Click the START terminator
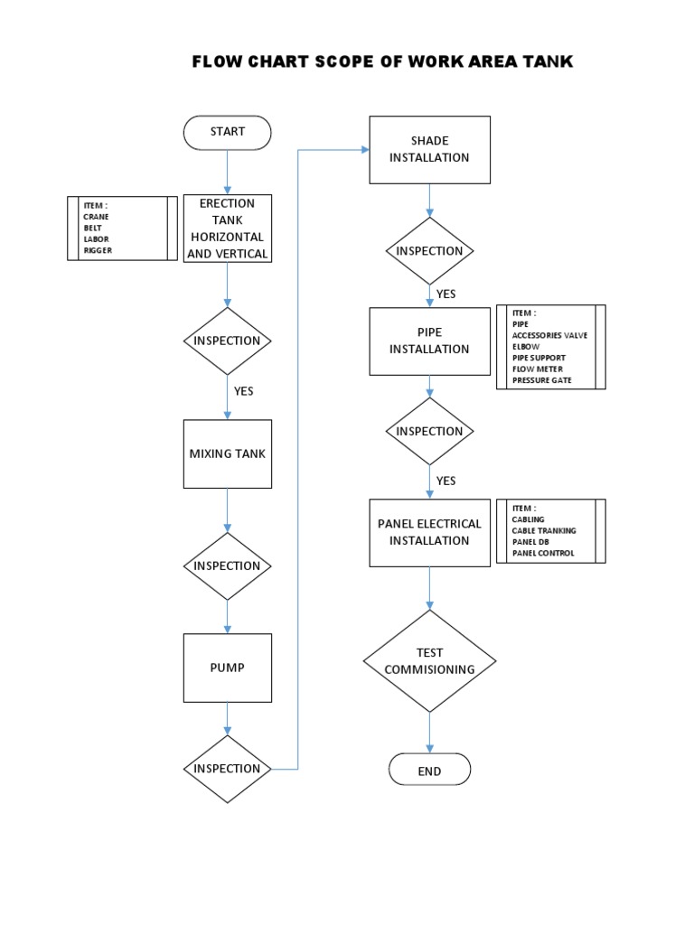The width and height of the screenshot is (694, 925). pyautogui.click(x=227, y=132)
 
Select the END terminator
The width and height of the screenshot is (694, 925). pyautogui.click(x=429, y=771)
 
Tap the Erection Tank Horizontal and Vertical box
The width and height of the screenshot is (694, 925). pyautogui.click(x=227, y=229)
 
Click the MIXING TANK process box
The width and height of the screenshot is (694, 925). pyautogui.click(x=227, y=453)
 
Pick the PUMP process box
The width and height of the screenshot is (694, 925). pyautogui.click(x=227, y=668)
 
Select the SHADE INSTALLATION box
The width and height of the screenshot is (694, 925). pyautogui.click(x=429, y=149)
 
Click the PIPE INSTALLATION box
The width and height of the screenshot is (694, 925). pyautogui.click(x=429, y=341)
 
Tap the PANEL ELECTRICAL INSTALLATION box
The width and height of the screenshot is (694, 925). pyautogui.click(x=429, y=532)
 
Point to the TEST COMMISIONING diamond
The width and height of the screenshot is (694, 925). pyautogui.click(x=429, y=660)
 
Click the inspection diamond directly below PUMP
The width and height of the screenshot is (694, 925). pyautogui.click(x=227, y=769)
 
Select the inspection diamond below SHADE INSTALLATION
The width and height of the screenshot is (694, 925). pyautogui.click(x=429, y=251)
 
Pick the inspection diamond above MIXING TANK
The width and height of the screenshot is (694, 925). pyautogui.click(x=227, y=341)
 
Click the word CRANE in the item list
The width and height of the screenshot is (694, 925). pyautogui.click(x=96, y=217)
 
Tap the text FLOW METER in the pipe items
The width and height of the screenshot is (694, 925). pyautogui.click(x=537, y=369)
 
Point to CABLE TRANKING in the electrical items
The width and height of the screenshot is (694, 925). pyautogui.click(x=543, y=531)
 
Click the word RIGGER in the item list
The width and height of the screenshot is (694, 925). pyautogui.click(x=98, y=250)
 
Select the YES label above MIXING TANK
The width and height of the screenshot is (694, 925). pyautogui.click(x=243, y=392)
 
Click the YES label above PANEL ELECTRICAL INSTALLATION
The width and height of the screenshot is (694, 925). pyautogui.click(x=445, y=481)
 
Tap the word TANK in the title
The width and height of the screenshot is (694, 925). pyautogui.click(x=546, y=61)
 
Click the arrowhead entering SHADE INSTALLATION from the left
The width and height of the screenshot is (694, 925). pyautogui.click(x=364, y=150)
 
